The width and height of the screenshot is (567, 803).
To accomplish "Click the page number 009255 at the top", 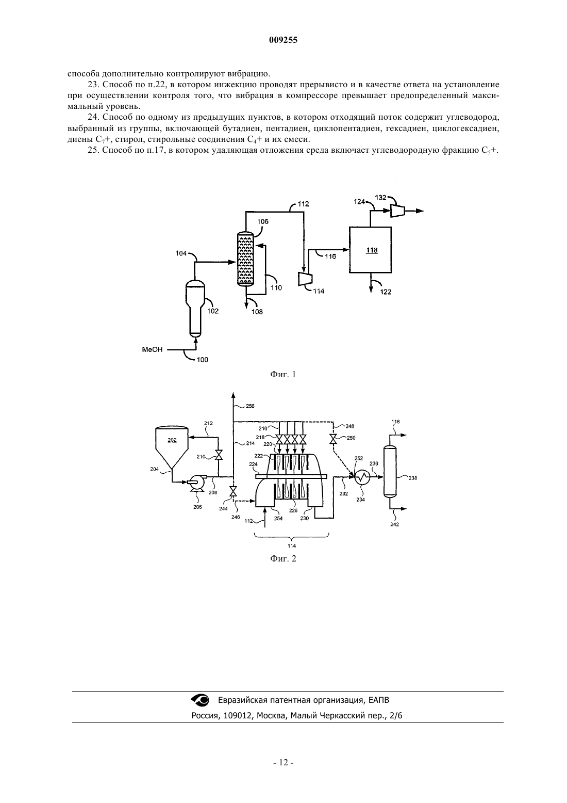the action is point(283,40).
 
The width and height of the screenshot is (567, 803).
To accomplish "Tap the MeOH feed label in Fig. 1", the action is point(152,349).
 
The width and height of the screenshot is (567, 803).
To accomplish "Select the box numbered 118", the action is point(371,250).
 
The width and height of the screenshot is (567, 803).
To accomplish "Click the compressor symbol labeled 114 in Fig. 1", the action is point(305,279).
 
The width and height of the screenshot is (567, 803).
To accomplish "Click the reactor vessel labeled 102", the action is point(195,308).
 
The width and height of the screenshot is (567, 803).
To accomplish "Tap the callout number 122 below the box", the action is point(386,292).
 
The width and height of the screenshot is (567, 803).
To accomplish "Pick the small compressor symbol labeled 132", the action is point(397,211).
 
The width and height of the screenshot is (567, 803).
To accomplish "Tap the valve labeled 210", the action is point(218,455).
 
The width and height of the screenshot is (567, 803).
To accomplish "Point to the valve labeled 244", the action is point(233,491).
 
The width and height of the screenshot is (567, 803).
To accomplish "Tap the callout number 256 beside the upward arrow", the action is point(250,406).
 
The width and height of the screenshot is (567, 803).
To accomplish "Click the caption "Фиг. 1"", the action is point(283,375).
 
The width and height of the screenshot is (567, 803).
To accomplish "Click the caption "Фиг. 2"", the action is point(283,559).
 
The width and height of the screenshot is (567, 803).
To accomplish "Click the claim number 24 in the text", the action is point(92,117).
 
